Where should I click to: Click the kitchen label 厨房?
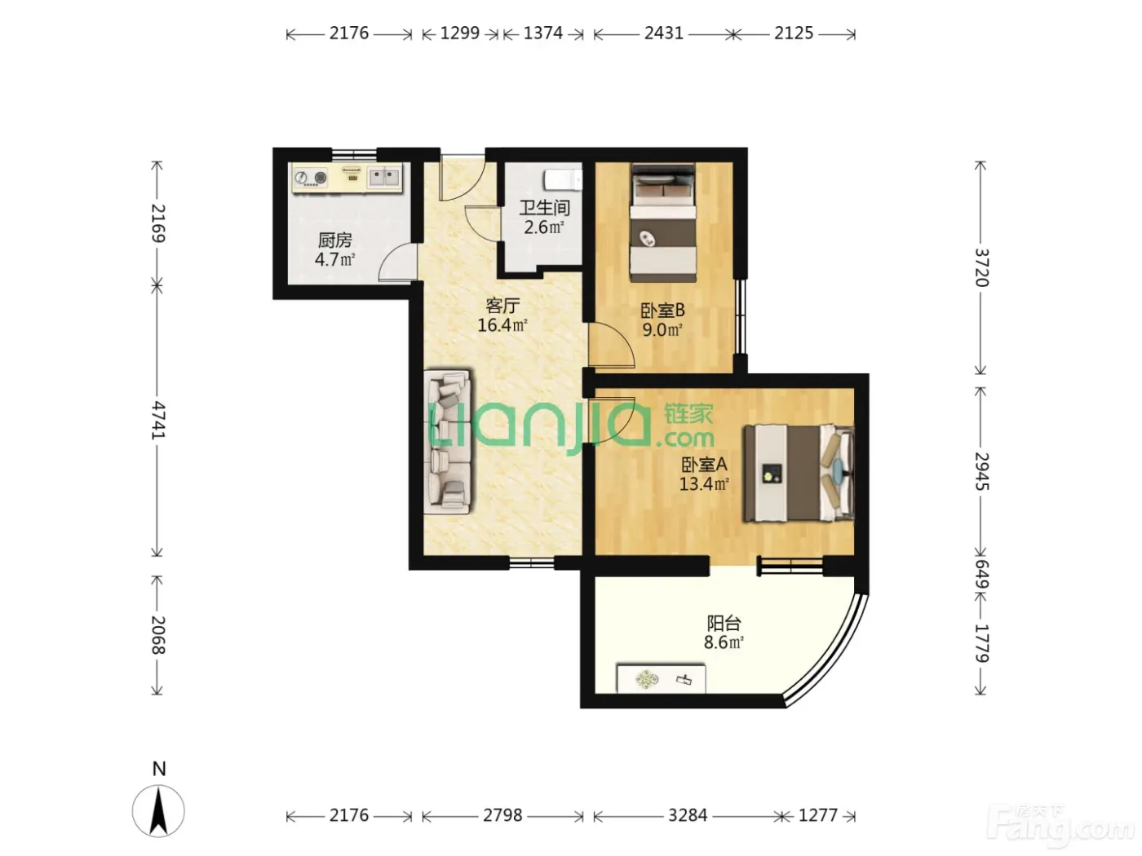pyautogui.click(x=334, y=240)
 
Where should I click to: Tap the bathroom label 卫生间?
pyautogui.click(x=544, y=208)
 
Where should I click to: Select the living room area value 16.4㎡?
pyautogui.click(x=502, y=325)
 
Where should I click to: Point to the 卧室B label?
pyautogui.click(x=662, y=311)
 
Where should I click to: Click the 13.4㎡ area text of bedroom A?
pyautogui.click(x=703, y=484)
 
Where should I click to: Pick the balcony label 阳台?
pyautogui.click(x=724, y=623)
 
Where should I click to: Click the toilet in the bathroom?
pyautogui.click(x=563, y=180)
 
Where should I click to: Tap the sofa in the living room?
pyautogui.click(x=448, y=442)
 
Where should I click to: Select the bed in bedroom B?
pyautogui.click(x=663, y=223)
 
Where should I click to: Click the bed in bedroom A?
pyautogui.click(x=799, y=473)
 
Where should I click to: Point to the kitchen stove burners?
pyautogui.click(x=311, y=179)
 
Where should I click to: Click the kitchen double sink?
pyautogui.click(x=384, y=177)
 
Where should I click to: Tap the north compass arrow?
pyautogui.click(x=158, y=812)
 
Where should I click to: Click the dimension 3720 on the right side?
pyautogui.click(x=980, y=267)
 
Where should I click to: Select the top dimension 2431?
pyautogui.click(x=663, y=33)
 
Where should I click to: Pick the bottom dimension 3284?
pyautogui.click(x=688, y=815)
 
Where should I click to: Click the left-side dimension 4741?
pyautogui.click(x=157, y=421)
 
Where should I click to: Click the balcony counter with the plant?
pyautogui.click(x=661, y=678)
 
